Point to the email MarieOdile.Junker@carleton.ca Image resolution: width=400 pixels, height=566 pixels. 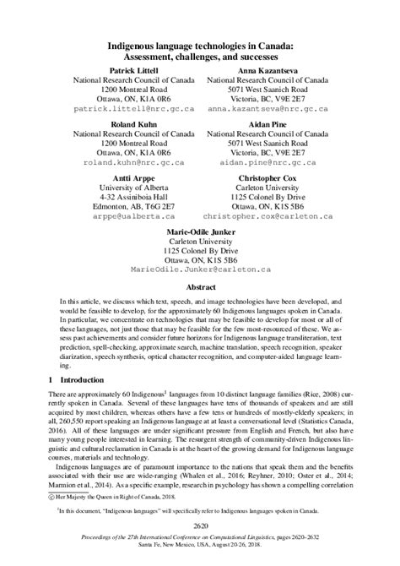[x=199, y=268]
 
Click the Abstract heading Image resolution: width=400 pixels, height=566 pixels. [x=200, y=286]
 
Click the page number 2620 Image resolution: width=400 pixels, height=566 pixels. [x=199, y=525]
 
